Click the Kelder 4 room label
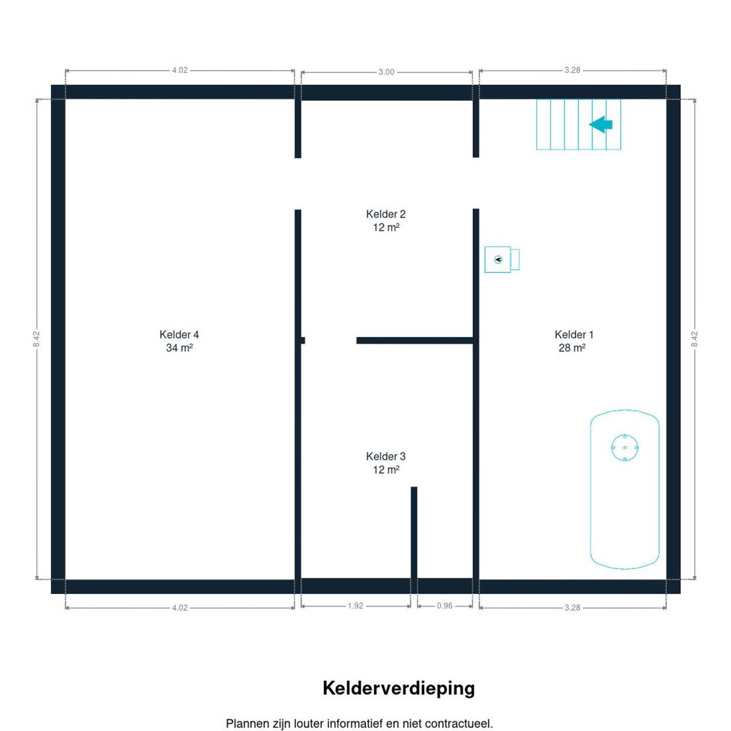click(179, 341)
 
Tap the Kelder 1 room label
click(573, 341)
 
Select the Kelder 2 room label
click(385, 220)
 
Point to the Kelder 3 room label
click(385, 463)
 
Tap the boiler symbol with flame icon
click(501, 259)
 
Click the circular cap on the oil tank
click(624, 448)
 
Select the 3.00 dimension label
click(386, 72)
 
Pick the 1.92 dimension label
click(355, 606)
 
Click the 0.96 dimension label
click(444, 606)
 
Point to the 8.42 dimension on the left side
click(37, 339)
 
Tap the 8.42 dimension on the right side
click(694, 339)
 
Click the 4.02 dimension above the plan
click(180, 70)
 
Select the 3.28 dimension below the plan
click(572, 608)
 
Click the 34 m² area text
click(179, 348)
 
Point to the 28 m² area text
click(572, 348)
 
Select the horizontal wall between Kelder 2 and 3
click(414, 340)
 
